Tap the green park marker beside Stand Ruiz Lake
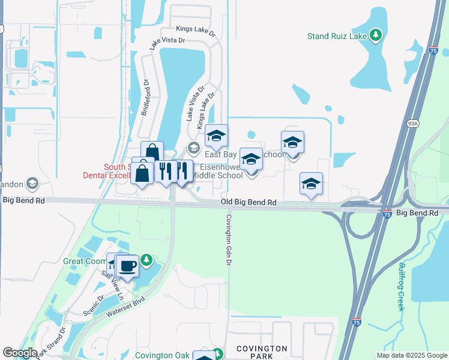(376, 35)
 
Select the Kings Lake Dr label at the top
(192, 29)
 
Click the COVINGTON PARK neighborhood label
(261, 352)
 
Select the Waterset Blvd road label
(126, 305)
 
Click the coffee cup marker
(127, 266)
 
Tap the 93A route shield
(412, 124)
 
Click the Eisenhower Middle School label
(221, 171)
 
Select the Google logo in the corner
(19, 353)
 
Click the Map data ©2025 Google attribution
(412, 355)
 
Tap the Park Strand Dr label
(50, 344)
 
